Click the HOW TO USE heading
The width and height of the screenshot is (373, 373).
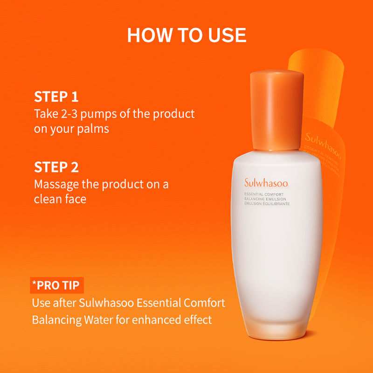point(186,35)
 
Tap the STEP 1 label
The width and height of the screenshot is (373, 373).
point(56,97)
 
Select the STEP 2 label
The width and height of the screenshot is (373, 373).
point(56,167)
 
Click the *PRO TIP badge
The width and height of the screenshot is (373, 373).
point(58,284)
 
